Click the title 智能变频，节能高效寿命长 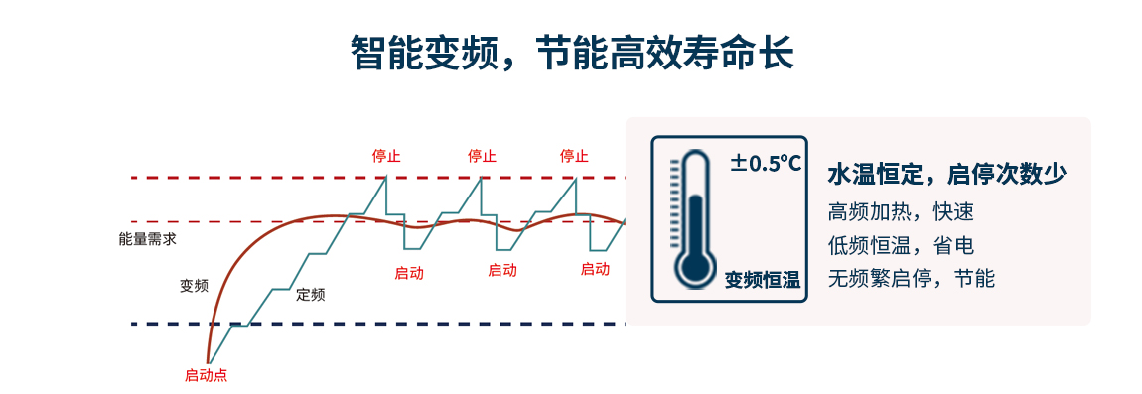click(x=572, y=53)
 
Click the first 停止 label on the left click(x=386, y=156)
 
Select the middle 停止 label click(x=482, y=156)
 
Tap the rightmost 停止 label click(x=574, y=156)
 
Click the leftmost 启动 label click(x=409, y=271)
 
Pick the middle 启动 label click(x=502, y=270)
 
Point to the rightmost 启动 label click(x=595, y=269)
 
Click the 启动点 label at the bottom click(x=206, y=375)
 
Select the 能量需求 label click(x=147, y=239)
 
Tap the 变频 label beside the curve click(x=194, y=286)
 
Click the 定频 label click(x=311, y=294)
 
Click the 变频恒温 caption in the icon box click(x=762, y=280)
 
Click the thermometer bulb click(x=694, y=266)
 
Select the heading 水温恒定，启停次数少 click(x=946, y=175)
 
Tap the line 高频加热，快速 click(x=901, y=211)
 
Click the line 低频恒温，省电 click(x=901, y=245)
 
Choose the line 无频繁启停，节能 click(x=911, y=278)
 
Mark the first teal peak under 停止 click(x=386, y=177)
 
